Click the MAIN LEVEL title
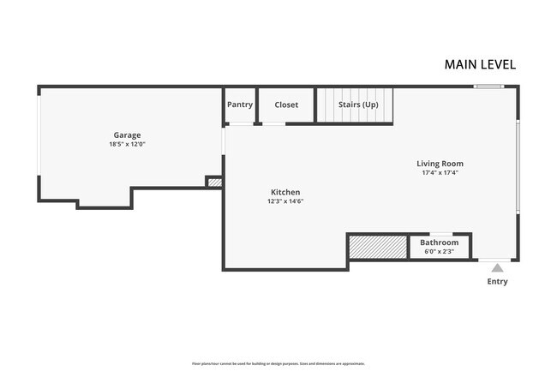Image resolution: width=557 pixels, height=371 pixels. click(480, 64)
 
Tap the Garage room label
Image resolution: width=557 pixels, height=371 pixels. click(127, 135)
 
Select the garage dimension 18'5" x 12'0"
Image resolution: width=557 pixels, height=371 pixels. click(127, 145)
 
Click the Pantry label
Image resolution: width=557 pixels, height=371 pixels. click(240, 105)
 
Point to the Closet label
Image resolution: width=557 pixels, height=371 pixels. click(286, 105)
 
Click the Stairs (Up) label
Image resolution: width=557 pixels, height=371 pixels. click(358, 105)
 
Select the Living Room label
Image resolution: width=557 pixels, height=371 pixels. click(440, 163)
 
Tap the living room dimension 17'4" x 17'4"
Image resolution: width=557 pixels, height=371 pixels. click(440, 172)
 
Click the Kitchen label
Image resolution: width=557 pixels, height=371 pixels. click(285, 192)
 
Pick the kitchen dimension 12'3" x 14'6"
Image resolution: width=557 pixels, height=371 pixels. click(285, 201)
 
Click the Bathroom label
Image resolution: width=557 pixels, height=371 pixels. click(439, 242)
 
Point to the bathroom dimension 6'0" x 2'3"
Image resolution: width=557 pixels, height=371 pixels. click(439, 251)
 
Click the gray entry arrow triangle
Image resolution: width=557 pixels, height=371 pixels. click(497, 267)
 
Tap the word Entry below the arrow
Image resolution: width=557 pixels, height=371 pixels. click(497, 282)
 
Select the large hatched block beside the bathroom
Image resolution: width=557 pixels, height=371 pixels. click(378, 247)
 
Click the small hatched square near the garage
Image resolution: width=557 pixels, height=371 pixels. click(214, 183)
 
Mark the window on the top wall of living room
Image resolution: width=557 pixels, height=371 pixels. click(488, 87)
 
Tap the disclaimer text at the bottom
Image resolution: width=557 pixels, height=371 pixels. click(278, 363)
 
